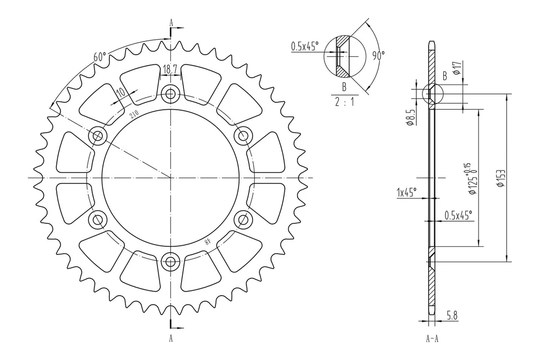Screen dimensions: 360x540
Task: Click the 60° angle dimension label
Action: [99, 57]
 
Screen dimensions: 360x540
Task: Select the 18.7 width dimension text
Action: [170, 69]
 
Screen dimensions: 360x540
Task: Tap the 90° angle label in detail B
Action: [379, 55]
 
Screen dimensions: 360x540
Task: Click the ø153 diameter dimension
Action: [500, 178]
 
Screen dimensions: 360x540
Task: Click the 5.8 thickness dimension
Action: [451, 317]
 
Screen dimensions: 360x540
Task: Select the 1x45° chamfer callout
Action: [406, 192]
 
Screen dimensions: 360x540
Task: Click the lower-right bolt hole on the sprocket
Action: [243, 219]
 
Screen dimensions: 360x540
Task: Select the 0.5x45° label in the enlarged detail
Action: [304, 46]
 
